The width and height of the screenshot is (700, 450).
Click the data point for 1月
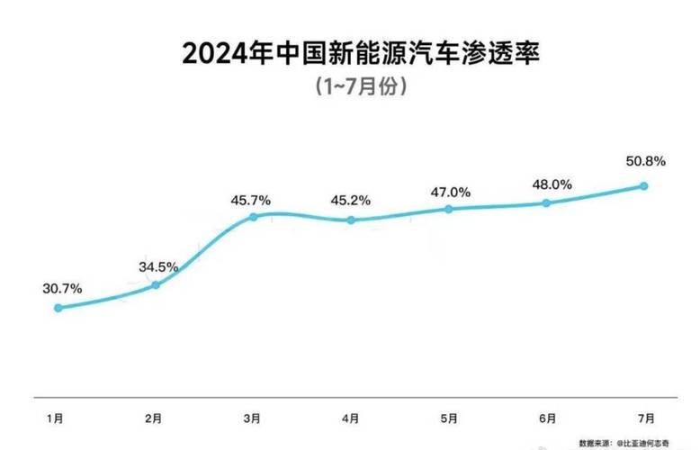click(58, 308)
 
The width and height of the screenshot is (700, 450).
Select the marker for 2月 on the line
click(156, 285)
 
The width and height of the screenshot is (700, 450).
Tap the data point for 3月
click(253, 217)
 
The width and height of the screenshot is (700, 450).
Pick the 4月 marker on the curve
click(351, 220)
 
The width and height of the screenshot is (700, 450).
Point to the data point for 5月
click(448, 209)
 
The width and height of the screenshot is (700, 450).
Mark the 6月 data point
click(546, 203)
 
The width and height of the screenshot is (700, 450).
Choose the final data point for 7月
click(644, 186)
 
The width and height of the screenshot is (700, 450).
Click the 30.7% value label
click(62, 288)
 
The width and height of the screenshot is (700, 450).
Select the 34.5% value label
click(158, 267)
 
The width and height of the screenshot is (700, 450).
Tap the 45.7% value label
click(251, 198)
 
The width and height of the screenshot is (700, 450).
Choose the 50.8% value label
click(645, 162)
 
